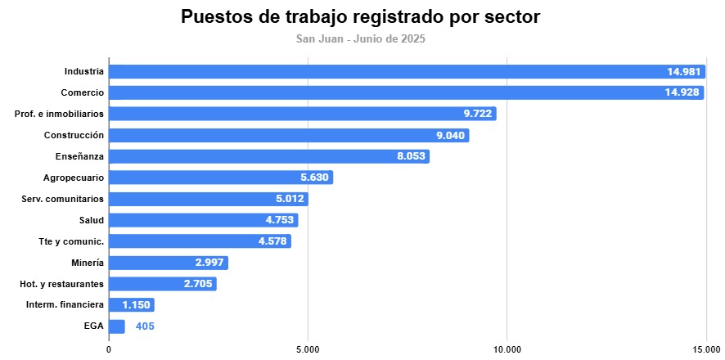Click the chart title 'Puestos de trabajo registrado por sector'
361,17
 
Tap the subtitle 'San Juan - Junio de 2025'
361,38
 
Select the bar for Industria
407,71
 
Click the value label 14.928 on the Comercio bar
682,92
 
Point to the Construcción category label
74,135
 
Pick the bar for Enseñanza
268,156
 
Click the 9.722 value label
475,114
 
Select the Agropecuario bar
221,178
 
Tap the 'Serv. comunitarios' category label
62,199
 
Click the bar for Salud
203,220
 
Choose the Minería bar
168,263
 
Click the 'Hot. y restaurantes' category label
61,284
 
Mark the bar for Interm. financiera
131,305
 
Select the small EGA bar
117,326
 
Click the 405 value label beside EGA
145,326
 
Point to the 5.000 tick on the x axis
308,349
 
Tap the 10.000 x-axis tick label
507,349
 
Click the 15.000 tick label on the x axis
706,349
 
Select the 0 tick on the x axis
109,349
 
